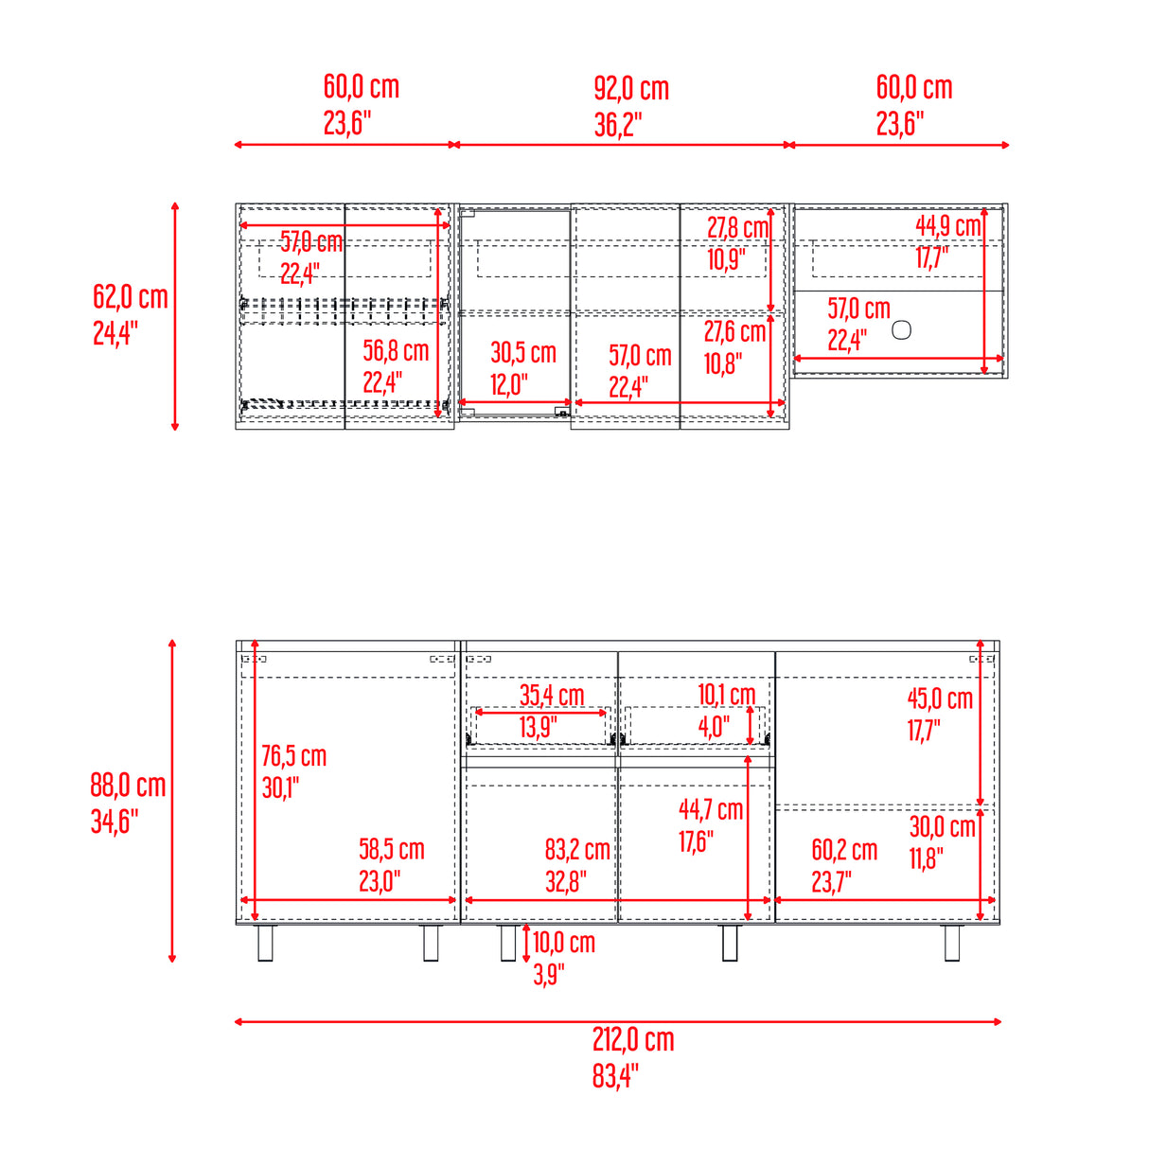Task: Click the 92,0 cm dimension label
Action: pos(631,90)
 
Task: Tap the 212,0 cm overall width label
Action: pos(633,1040)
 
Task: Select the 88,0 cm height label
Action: pos(128,786)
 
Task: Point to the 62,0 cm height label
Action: pos(131,297)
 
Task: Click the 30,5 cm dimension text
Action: pos(523,353)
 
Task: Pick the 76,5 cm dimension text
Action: pos(293,756)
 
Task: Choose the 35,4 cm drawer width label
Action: pos(552,696)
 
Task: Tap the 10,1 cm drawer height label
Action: pos(727,695)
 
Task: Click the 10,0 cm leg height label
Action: pos(564,943)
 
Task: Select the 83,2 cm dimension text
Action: pos(577,850)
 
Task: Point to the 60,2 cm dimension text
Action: pos(844,851)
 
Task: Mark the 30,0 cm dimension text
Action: pos(942,827)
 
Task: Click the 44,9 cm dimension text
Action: pos(948,226)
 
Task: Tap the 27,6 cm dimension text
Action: pos(734,332)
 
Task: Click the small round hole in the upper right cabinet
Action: pos(902,330)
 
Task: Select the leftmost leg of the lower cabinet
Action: pos(266,943)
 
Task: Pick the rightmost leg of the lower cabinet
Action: pos(952,943)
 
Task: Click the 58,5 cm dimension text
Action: pos(391,850)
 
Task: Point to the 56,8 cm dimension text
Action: pos(396,351)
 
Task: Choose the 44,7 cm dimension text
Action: pos(711,810)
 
